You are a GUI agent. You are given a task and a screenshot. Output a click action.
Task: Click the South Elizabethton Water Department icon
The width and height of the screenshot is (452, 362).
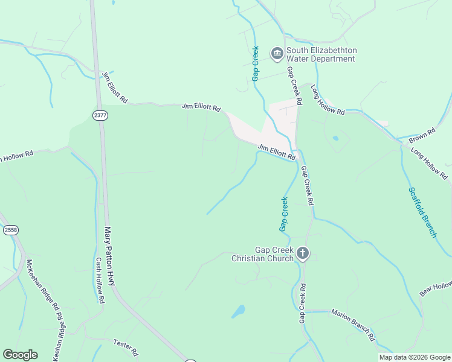point(277,54)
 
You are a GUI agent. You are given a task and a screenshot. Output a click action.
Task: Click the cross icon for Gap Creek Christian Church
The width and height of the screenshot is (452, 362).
point(303,254)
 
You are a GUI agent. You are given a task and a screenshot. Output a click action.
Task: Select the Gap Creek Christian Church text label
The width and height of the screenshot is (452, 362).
point(263,254)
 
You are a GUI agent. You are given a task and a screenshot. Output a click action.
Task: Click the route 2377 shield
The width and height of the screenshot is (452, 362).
point(100,115)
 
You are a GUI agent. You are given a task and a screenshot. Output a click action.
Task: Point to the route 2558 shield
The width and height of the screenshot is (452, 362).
point(10,230)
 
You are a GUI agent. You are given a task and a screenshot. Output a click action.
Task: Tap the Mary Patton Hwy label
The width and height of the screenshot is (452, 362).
point(110,256)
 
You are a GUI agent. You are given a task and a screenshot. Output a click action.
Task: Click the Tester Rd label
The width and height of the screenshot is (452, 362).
point(126,346)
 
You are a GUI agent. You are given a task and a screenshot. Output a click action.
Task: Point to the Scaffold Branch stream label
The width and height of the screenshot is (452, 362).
point(422,212)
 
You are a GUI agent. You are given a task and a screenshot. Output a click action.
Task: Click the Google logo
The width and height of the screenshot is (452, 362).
point(20,355)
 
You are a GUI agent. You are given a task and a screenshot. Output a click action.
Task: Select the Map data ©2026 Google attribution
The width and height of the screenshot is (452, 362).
point(415,357)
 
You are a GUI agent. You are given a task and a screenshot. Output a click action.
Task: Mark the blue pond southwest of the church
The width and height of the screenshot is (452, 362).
point(239,311)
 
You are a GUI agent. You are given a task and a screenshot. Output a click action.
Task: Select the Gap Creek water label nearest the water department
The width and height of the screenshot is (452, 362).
point(256,63)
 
